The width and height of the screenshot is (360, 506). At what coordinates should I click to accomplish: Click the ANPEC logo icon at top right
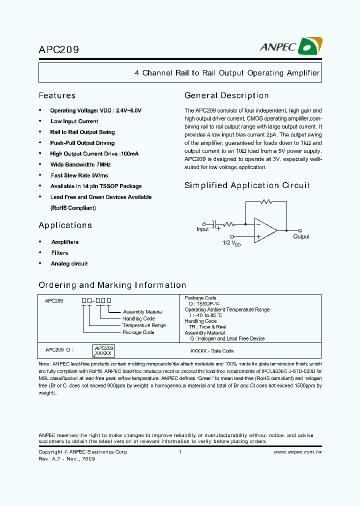tap(309, 47)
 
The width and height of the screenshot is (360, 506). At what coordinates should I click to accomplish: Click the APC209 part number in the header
tap(58, 49)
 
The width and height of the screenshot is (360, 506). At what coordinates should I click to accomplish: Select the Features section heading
tap(57, 95)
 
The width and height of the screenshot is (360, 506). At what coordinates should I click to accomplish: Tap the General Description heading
tap(226, 95)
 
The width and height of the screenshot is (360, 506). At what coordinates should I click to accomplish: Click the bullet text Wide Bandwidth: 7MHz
tap(80, 164)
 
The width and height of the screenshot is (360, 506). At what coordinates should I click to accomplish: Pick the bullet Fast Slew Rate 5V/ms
tap(79, 175)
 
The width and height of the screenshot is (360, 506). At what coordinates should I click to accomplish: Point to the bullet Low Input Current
tap(74, 121)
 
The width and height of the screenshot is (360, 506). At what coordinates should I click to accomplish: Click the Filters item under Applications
tap(59, 253)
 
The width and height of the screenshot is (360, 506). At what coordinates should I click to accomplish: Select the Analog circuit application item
tap(69, 264)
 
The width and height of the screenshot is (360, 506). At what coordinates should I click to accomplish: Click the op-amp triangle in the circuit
tap(264, 230)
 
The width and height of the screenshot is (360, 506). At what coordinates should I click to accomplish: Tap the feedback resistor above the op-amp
tap(266, 202)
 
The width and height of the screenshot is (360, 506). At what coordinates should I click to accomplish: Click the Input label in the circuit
tap(202, 229)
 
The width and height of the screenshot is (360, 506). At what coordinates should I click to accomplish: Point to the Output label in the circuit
tap(301, 236)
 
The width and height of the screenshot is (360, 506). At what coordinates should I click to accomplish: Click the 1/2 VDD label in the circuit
tap(231, 243)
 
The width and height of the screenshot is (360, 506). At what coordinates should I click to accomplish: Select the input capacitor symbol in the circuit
tap(216, 225)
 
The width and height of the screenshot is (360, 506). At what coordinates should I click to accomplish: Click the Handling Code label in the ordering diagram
tap(138, 318)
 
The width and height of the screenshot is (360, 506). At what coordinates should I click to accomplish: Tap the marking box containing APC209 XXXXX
tap(104, 350)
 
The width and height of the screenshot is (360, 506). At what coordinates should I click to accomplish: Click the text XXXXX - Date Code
tap(212, 351)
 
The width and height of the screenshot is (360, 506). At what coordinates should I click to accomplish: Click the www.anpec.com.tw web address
tap(297, 452)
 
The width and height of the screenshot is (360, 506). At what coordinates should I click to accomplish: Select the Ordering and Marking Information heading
tap(112, 285)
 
